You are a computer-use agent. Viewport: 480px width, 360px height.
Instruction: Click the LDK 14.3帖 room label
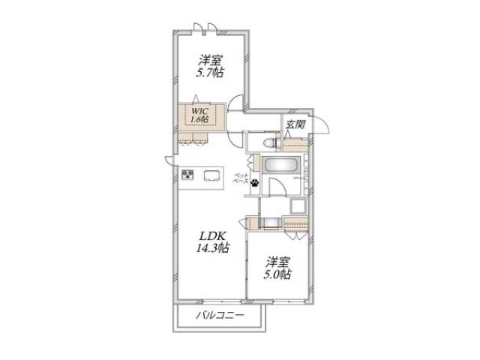pyautogui.click(x=214, y=241)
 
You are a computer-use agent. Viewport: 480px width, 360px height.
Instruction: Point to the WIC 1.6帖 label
pyautogui.click(x=199, y=115)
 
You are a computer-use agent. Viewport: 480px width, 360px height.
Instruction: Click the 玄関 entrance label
pyautogui.click(x=294, y=125)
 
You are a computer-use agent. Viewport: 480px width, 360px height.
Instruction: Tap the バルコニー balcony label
pyautogui.click(x=220, y=315)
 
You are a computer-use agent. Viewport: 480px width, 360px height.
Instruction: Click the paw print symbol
pyautogui.click(x=255, y=181)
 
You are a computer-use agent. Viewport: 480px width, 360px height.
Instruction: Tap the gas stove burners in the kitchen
pyautogui.click(x=187, y=175)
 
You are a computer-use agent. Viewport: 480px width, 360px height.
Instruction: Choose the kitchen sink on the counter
pyautogui.click(x=211, y=176)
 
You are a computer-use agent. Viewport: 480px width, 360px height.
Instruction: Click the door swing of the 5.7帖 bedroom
pyautogui.click(x=236, y=106)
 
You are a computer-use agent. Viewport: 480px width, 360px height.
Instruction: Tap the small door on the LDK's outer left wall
pyautogui.click(x=171, y=160)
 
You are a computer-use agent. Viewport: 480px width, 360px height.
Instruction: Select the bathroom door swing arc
pyautogui.click(x=277, y=190)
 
